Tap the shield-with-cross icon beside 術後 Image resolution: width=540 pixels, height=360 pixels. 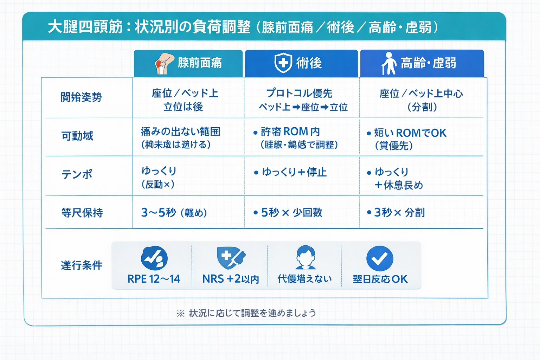tap(283, 63)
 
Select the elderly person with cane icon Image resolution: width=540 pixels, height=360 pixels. tap(388, 64)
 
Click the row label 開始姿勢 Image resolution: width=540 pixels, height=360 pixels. tap(81, 97)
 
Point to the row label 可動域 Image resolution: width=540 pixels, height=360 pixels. tap(77, 136)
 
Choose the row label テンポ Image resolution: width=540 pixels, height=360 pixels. tap(77, 174)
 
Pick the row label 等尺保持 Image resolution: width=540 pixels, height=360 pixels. tap(82, 213)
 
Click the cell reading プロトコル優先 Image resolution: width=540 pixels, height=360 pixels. tap(299, 93)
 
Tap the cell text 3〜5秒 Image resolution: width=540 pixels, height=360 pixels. tap(158, 213)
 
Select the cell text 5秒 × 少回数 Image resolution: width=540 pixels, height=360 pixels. tap(291, 213)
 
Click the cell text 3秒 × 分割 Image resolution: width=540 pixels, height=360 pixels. tap(399, 213)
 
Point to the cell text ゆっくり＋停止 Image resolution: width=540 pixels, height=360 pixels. tap(294, 172)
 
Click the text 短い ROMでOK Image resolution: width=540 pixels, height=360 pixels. tap(410, 133)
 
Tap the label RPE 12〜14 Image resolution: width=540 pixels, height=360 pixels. tap(154, 279)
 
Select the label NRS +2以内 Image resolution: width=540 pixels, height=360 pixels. tap(231, 279)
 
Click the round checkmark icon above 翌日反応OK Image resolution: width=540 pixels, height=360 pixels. tap(380, 258)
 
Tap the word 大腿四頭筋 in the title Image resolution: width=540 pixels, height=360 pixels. tap(85, 27)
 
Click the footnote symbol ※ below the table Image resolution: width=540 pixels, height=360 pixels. tap(180, 313)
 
